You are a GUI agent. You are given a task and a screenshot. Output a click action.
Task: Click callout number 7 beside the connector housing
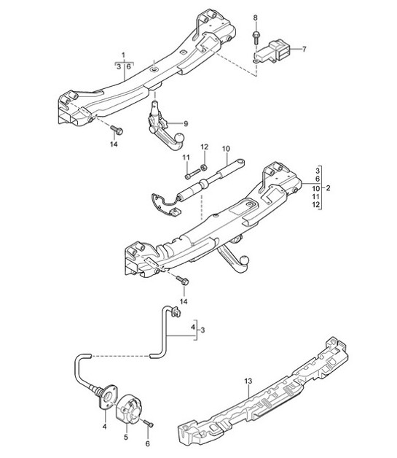304,49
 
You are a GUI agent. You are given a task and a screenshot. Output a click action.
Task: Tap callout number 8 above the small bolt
255,18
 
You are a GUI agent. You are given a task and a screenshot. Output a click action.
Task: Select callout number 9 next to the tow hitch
186,123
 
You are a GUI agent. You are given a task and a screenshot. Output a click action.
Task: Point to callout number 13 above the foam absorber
248,381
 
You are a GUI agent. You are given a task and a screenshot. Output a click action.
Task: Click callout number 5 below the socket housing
126,438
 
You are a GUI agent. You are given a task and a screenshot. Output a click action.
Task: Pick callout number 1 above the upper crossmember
123,55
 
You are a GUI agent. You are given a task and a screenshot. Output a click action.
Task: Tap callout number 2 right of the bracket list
328,188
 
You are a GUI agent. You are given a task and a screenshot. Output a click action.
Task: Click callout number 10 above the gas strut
226,149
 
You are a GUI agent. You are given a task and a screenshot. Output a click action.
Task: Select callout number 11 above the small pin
186,158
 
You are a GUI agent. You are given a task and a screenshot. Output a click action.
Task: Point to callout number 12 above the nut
205,147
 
